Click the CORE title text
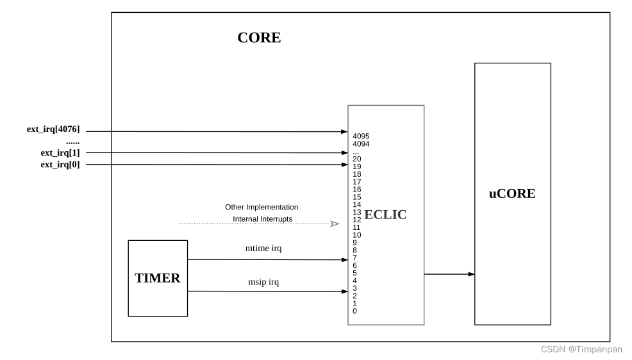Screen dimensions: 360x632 (259, 38)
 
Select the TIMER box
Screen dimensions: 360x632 (158, 279)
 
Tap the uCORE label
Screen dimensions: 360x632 (511, 193)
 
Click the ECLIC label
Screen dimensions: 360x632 (385, 215)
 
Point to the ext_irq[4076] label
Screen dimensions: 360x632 (53, 129)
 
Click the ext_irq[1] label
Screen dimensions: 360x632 (60, 152)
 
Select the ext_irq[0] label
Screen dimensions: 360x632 (60, 165)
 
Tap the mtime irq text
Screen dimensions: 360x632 (264, 247)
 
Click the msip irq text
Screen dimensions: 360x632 (264, 281)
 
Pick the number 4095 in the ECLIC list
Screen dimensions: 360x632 (361, 136)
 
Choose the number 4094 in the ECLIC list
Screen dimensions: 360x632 (361, 144)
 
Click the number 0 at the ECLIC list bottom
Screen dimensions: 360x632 (354, 311)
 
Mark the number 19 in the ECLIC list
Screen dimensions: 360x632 (357, 167)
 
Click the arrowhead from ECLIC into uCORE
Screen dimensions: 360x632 (471, 274)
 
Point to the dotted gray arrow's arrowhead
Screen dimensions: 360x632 (335, 224)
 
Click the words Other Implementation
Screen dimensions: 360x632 (262, 208)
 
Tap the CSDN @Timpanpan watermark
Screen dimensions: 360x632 (581, 350)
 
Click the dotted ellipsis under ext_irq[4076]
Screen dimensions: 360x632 (72, 142)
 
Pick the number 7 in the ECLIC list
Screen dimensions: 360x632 (354, 258)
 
